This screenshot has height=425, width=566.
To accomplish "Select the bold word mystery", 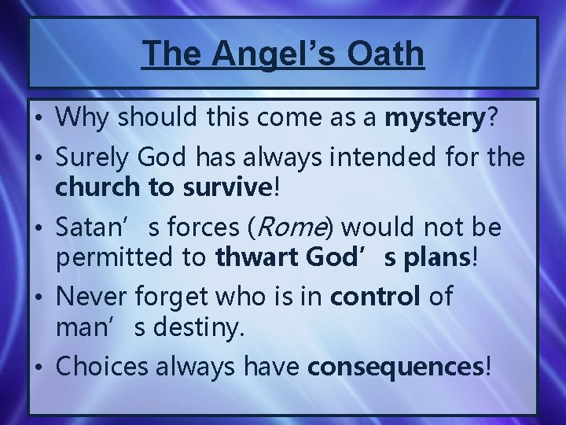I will (x=434, y=119).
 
